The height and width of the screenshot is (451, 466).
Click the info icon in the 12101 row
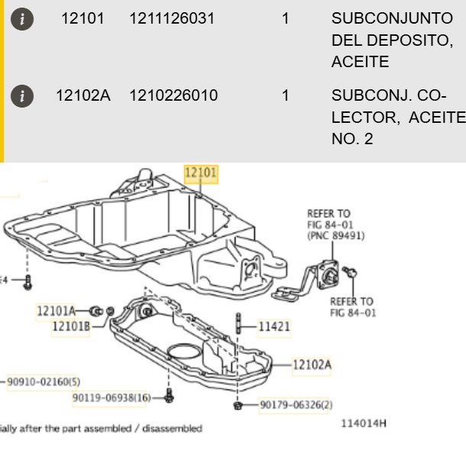(22, 19)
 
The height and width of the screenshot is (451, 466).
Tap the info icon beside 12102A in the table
(22, 96)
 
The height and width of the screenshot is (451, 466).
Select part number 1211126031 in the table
(172, 18)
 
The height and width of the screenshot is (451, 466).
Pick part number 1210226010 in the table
(173, 95)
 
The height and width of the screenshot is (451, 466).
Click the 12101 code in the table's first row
(83, 18)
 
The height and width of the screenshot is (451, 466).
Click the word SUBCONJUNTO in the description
(392, 18)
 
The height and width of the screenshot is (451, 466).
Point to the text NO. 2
(352, 139)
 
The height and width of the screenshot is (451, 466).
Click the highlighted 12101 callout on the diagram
(201, 172)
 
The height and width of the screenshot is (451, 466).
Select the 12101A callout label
(56, 311)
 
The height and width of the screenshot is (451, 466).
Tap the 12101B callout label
(71, 327)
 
